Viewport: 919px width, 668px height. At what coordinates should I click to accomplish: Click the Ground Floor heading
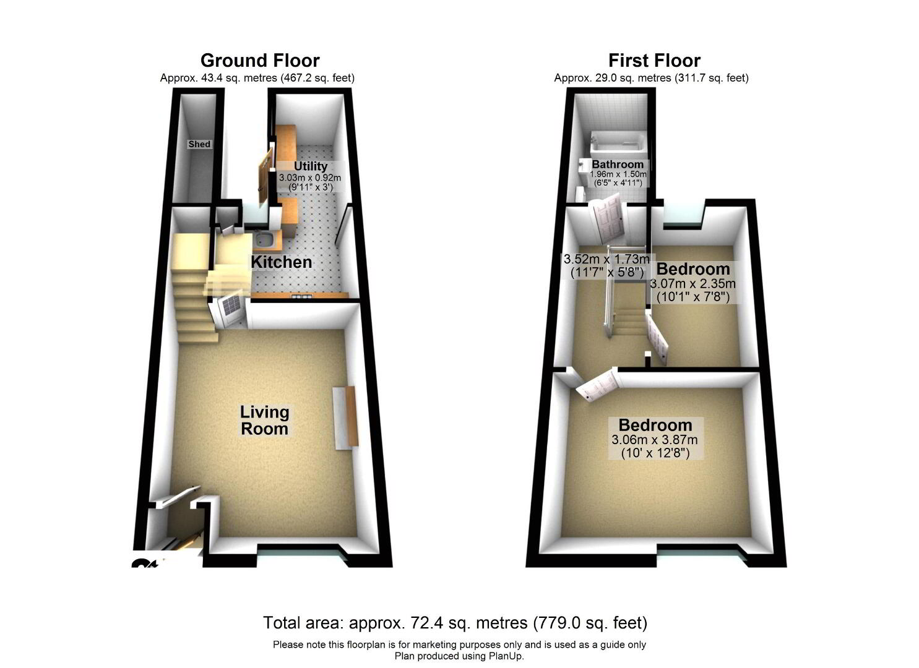260,61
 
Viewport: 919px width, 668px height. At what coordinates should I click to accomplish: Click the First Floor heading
654,61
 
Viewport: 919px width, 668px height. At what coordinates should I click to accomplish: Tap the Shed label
199,144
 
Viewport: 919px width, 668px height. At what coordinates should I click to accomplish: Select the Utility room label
311,166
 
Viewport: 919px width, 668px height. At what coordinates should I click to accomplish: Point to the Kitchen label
282,262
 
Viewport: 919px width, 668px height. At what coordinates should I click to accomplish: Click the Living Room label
265,421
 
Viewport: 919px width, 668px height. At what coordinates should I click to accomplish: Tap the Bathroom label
618,165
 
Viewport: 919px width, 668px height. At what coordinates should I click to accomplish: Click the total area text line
455,623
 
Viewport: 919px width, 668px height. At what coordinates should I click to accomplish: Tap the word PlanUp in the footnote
505,656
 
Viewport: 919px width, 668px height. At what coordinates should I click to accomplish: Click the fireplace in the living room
345,417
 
